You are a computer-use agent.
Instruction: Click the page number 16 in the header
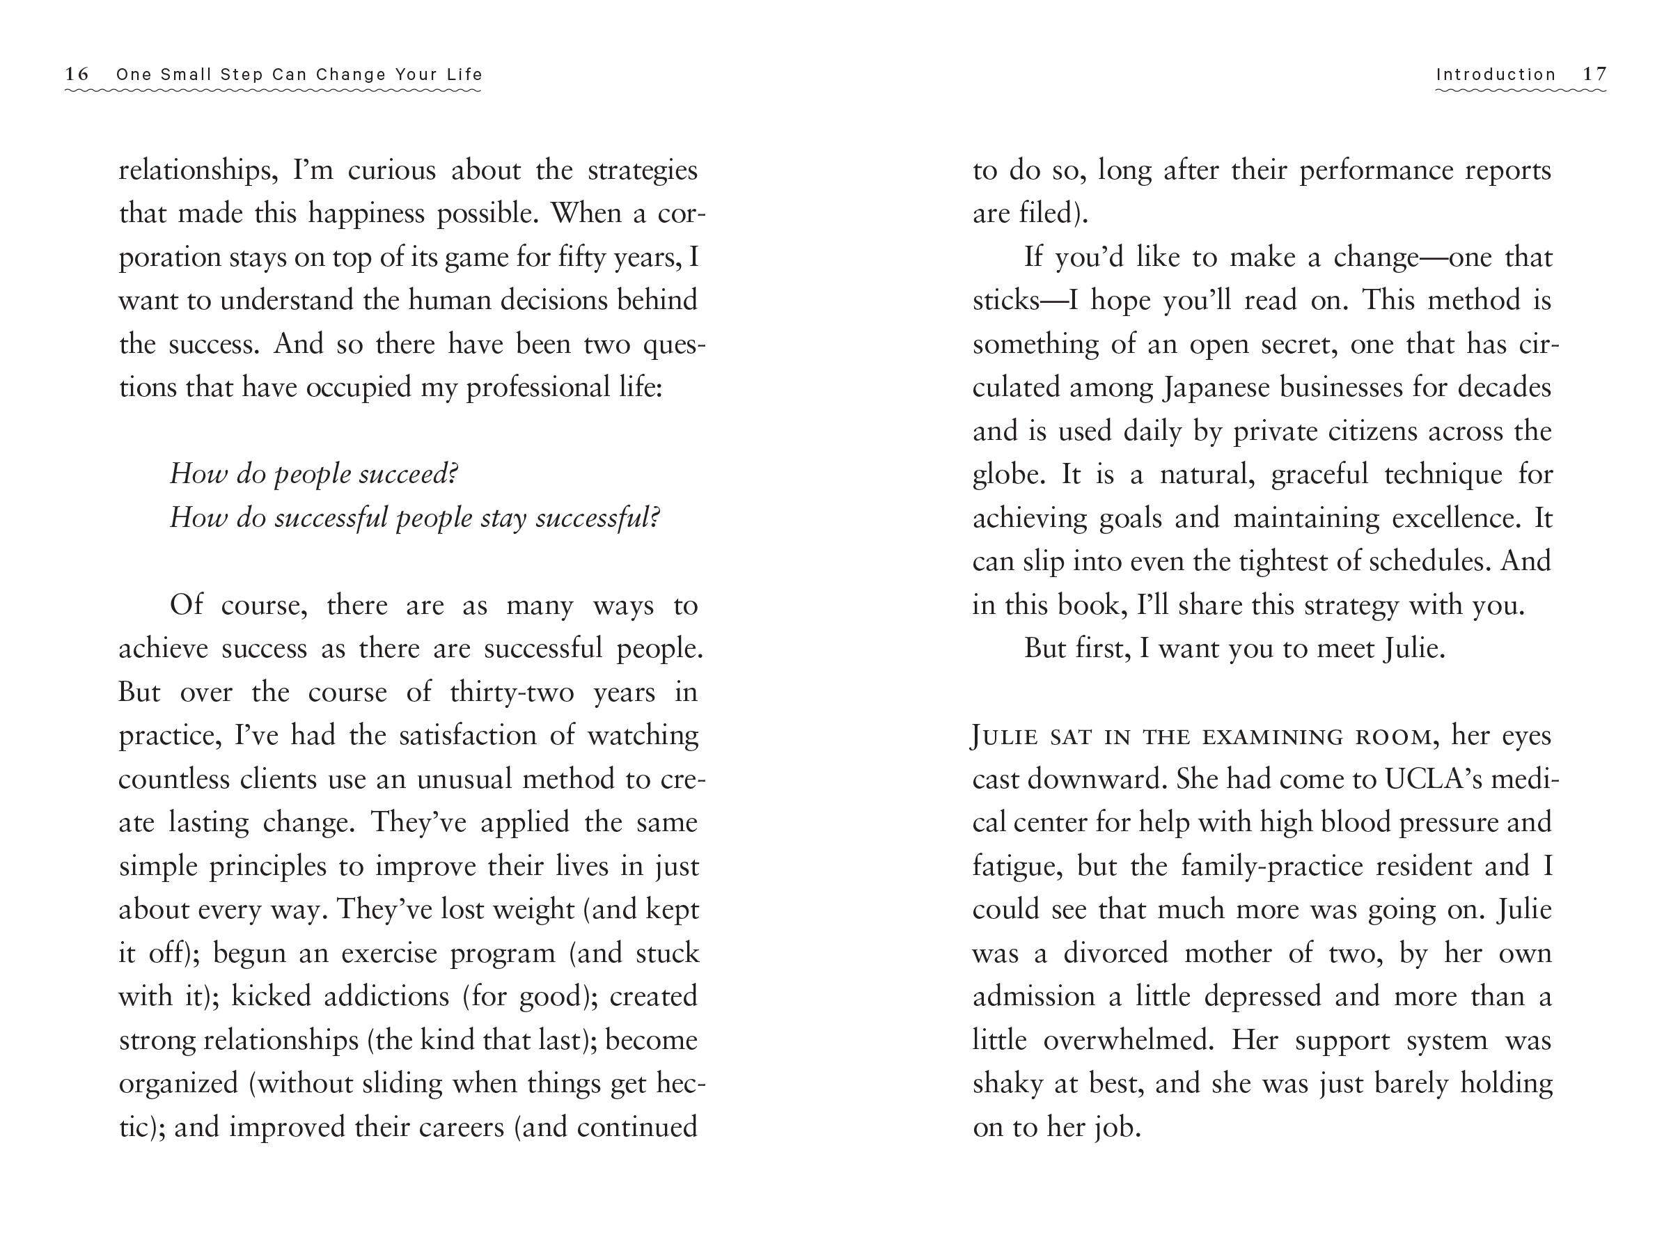click(77, 74)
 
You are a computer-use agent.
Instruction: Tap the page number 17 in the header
click(1594, 74)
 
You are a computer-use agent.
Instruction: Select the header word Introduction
click(1496, 74)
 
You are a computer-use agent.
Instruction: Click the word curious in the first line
click(391, 171)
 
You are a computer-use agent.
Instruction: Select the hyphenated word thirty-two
click(512, 693)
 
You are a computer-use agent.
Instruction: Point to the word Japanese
click(1215, 388)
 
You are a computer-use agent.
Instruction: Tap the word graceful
click(1319, 475)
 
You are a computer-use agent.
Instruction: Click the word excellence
click(1456, 519)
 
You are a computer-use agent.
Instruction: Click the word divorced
click(1116, 953)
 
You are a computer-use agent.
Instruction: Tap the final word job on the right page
click(1117, 1128)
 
